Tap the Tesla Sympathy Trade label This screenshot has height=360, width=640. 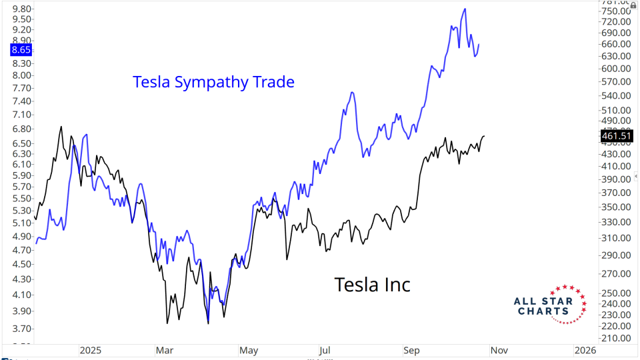click(213, 82)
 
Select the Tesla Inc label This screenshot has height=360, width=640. click(372, 285)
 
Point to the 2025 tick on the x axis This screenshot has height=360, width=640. click(89, 350)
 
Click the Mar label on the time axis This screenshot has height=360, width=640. click(164, 350)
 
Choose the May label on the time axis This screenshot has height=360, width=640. click(249, 350)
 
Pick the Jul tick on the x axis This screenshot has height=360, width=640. click(325, 350)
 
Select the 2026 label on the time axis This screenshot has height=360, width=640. click(585, 350)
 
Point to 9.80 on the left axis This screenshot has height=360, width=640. click(17, 9)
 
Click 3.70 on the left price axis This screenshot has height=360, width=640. click(17, 329)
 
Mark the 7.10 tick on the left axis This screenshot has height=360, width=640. click(17, 115)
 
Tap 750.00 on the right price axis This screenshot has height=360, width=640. click(616, 11)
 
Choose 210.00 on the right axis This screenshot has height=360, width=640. click(616, 338)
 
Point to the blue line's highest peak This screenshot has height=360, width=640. click(465, 9)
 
